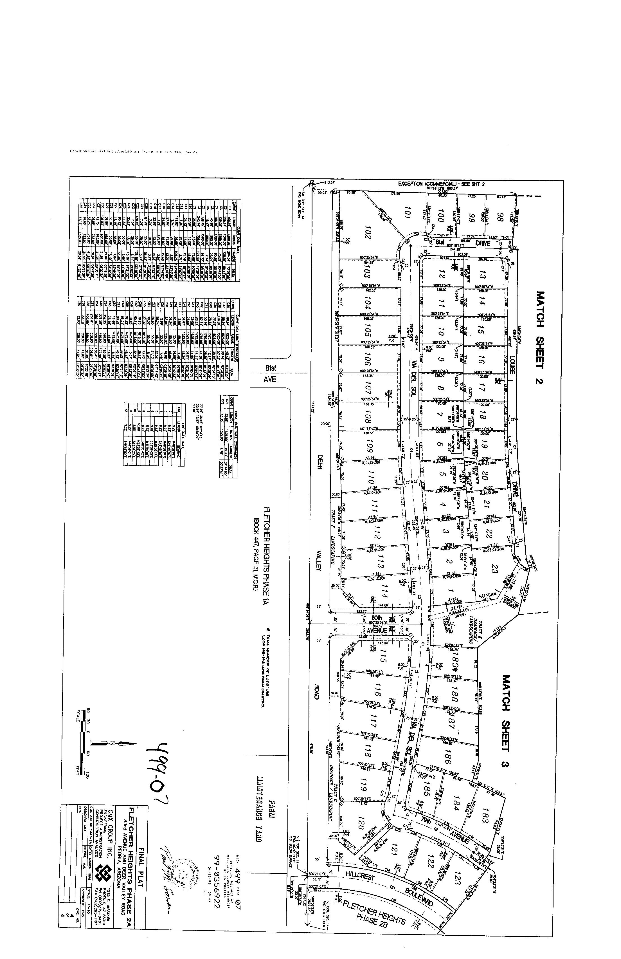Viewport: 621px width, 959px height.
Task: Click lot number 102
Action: click(366, 234)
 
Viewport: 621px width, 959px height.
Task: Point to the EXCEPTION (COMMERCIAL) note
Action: click(441, 184)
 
